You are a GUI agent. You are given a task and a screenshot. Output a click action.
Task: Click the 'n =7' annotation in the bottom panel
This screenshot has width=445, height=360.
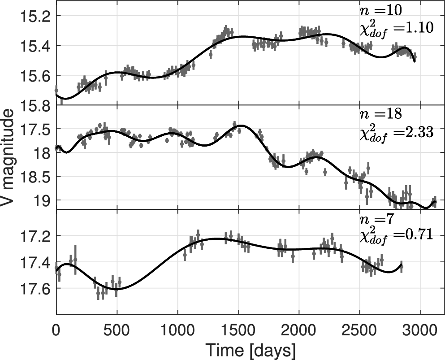click(x=375, y=219)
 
